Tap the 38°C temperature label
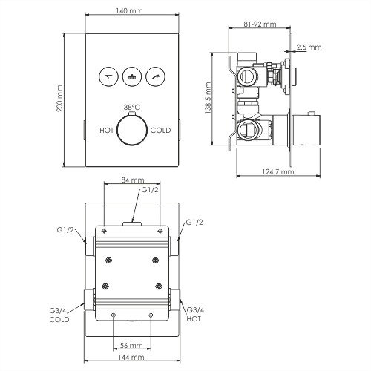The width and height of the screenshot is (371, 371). pos(131,105)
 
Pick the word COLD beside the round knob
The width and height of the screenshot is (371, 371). pos(160,130)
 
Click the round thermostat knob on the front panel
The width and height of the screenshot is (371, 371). pos(132,131)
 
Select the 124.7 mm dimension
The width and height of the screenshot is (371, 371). pos(275,171)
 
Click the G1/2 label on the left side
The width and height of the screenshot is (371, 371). pos(64,229)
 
